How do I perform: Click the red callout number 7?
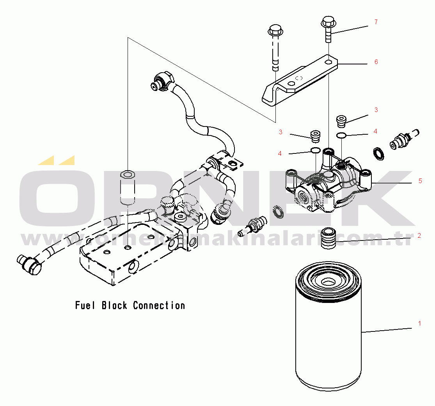pos(376,22)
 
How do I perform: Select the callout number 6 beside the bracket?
pos(376,62)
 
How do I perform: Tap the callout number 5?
pos(420,181)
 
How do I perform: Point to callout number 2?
pos(419,236)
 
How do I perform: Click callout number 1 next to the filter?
pos(419,324)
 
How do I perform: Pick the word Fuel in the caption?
pos(85,305)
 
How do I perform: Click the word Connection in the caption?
pos(159,305)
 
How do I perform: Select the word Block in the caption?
pos(114,305)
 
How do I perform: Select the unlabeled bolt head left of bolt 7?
pos(275,30)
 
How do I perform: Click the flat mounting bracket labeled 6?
pos(300,80)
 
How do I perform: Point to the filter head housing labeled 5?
pos(328,183)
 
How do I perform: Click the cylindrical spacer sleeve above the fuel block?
pos(127,187)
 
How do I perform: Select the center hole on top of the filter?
pos(327,281)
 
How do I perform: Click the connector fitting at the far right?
pos(402,139)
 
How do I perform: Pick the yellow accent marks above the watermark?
pos(57,160)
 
